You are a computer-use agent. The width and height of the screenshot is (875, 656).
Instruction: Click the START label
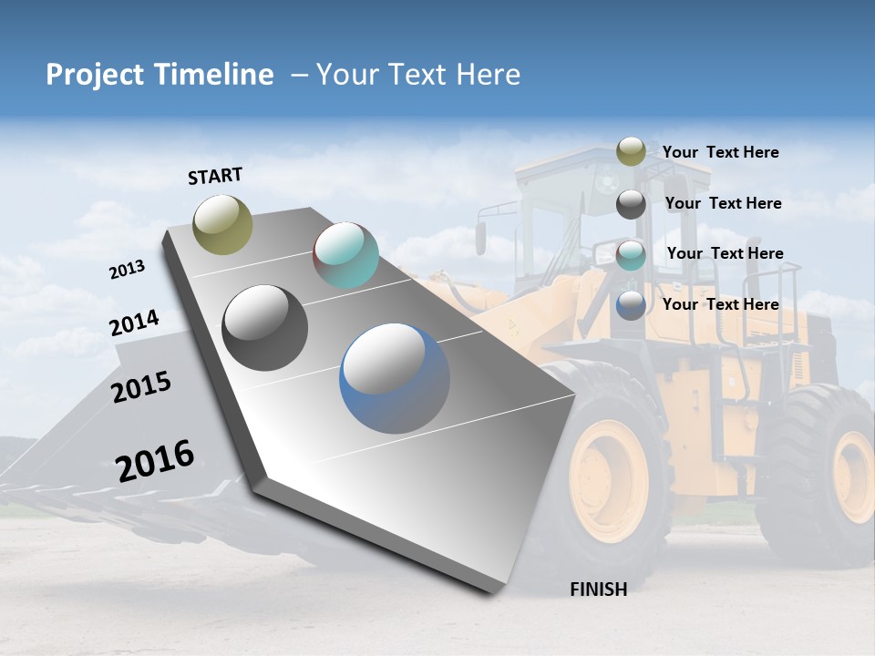point(215,176)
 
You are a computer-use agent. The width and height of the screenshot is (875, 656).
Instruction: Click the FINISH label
point(598,589)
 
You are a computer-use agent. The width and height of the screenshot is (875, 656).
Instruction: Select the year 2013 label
point(127,270)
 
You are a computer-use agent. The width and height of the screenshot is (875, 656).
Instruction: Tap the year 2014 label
point(134,323)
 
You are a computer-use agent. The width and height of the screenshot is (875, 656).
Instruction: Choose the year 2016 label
point(155,460)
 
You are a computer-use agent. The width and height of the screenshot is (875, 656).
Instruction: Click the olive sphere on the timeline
point(223,224)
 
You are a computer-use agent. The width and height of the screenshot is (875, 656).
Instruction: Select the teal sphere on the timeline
point(345,255)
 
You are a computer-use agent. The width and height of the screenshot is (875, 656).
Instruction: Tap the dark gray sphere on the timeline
point(265,328)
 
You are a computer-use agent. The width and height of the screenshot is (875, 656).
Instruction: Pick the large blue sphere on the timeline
point(395,378)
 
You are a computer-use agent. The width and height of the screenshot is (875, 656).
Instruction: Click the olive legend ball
point(631,152)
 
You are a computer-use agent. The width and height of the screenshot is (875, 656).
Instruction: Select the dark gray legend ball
point(631,204)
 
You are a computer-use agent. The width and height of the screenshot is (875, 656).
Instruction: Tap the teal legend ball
point(631,255)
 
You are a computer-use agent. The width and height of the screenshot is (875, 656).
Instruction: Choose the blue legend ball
point(631,305)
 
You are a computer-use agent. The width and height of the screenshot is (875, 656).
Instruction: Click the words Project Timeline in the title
point(160,75)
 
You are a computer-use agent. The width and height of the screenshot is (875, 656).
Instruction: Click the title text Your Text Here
point(417,75)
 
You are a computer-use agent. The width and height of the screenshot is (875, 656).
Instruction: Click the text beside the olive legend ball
point(720,152)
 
